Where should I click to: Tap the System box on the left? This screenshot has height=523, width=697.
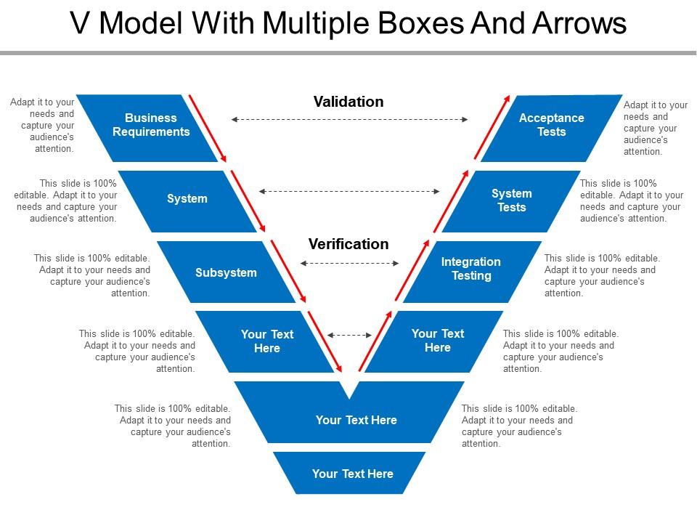coord(187,199)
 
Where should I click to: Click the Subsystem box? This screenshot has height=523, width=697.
coord(226,273)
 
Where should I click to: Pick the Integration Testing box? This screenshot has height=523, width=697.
coord(471,269)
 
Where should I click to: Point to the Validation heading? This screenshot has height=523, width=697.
coord(348,102)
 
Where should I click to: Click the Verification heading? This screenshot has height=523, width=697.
coord(348,244)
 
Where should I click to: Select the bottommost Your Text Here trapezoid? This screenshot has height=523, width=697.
coord(352,474)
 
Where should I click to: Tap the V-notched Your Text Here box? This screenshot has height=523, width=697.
coord(356,421)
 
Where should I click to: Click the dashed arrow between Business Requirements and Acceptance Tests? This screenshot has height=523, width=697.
coord(349,119)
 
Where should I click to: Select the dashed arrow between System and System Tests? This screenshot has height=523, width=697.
coord(349,191)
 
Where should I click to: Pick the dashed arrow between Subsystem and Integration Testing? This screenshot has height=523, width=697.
coord(349,264)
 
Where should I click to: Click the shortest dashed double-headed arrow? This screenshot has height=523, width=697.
coord(349,335)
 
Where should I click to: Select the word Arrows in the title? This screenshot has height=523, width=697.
coord(576,24)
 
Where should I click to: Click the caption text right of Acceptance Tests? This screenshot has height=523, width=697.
coord(656,129)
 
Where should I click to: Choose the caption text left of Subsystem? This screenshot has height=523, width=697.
coord(92,276)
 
